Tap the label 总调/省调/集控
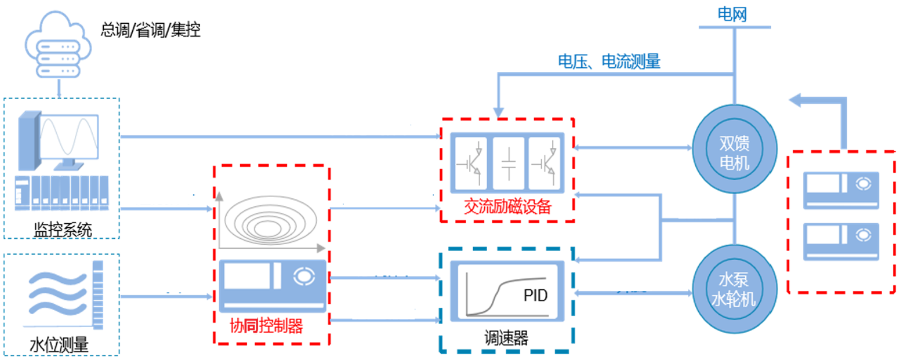coord(151,30)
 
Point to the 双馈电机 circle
coord(734,152)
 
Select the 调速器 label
coord(504,339)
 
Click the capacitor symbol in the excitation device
coord(508,164)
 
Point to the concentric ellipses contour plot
coord(270,218)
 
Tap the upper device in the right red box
coord(841,190)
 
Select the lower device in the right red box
coord(841,241)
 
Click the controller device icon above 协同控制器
coord(271,284)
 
